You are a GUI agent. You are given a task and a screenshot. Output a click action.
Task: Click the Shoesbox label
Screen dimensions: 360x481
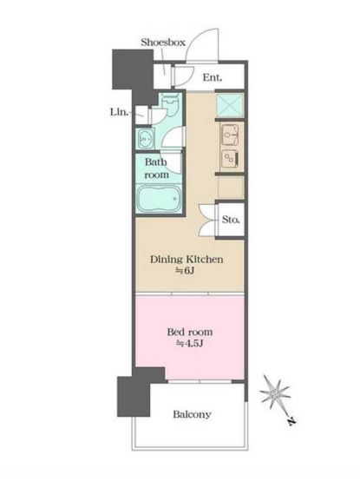(x=163, y=42)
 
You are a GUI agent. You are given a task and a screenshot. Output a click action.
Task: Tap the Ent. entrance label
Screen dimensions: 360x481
(x=213, y=77)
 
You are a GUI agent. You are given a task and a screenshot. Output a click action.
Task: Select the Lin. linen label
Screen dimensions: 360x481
(x=119, y=112)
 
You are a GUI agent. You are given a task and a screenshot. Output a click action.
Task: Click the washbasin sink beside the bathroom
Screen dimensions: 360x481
(x=145, y=138)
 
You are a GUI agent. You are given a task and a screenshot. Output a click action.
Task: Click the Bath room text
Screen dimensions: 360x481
(x=156, y=168)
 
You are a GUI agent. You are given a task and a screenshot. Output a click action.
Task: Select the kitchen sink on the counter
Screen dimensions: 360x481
(x=230, y=135)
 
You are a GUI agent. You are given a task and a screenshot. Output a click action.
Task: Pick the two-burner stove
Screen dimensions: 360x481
(x=230, y=159)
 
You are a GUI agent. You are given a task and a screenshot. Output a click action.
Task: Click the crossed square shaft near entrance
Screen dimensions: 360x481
(x=230, y=104)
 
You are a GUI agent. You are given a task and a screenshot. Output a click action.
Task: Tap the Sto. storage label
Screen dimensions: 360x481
(x=231, y=220)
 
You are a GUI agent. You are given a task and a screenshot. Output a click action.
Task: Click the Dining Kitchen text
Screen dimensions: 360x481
(x=187, y=260)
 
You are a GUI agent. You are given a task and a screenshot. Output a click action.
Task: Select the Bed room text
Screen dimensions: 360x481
(x=190, y=332)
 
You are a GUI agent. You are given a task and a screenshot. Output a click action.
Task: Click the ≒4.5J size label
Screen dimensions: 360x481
(x=190, y=344)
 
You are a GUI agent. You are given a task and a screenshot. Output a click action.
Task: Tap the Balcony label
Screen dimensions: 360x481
(x=192, y=414)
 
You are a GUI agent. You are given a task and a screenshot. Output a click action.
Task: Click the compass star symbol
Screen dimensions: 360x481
(x=275, y=393)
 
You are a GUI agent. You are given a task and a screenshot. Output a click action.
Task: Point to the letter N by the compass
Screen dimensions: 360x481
(x=291, y=422)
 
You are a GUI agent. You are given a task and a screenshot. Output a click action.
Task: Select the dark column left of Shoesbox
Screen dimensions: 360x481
(x=134, y=74)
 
